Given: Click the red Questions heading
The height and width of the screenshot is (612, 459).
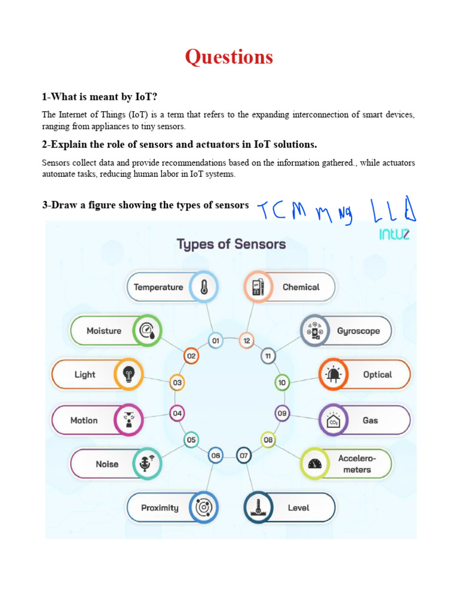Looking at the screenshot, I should [229, 57].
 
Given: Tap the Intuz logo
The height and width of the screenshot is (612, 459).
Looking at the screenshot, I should [394, 234].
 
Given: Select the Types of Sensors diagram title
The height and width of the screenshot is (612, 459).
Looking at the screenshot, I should [231, 244].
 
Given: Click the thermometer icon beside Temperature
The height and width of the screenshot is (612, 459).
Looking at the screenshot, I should [204, 287].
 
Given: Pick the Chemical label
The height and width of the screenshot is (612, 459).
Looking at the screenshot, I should [301, 287].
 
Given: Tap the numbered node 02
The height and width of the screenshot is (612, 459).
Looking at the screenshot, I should [191, 356].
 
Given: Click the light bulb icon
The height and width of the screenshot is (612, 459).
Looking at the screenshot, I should [128, 375].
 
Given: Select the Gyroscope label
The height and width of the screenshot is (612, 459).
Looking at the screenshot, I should [358, 331].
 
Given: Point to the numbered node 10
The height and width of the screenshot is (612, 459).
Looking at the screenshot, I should [282, 382].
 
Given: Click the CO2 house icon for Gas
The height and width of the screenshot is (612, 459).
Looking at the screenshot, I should [333, 420].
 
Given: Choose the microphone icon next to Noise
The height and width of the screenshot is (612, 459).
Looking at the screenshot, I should [146, 464].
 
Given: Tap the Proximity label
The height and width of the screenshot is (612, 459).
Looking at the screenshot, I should [160, 508].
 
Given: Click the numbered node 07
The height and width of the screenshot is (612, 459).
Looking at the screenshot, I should [244, 455].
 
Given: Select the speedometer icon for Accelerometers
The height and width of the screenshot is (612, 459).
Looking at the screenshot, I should [315, 464].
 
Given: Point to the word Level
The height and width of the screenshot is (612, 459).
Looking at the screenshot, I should [298, 508].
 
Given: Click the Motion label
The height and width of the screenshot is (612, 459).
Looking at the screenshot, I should [84, 420].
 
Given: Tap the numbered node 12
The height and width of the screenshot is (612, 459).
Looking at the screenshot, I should [246, 341].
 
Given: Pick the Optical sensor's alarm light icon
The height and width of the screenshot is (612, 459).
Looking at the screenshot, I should [333, 375].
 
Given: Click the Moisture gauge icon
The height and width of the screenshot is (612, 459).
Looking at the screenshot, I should [146, 331].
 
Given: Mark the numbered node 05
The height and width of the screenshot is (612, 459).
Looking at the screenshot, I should [191, 440].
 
